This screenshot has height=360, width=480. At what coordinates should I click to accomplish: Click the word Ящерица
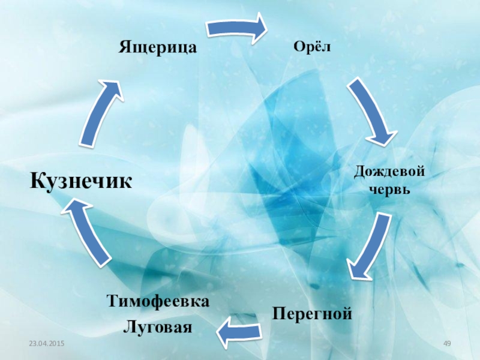158,46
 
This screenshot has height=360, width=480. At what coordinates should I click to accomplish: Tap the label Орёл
312,46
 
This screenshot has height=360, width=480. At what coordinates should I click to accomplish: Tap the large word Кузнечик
82,179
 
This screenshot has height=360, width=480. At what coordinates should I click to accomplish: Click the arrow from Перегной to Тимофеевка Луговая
239,331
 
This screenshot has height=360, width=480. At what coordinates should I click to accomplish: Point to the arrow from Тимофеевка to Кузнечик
88,232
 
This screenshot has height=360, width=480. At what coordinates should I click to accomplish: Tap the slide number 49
446,343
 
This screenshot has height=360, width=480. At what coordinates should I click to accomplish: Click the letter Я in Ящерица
124,46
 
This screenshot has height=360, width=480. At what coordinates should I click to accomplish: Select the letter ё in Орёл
317,46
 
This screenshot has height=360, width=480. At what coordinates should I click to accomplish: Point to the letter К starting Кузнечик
38,179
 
